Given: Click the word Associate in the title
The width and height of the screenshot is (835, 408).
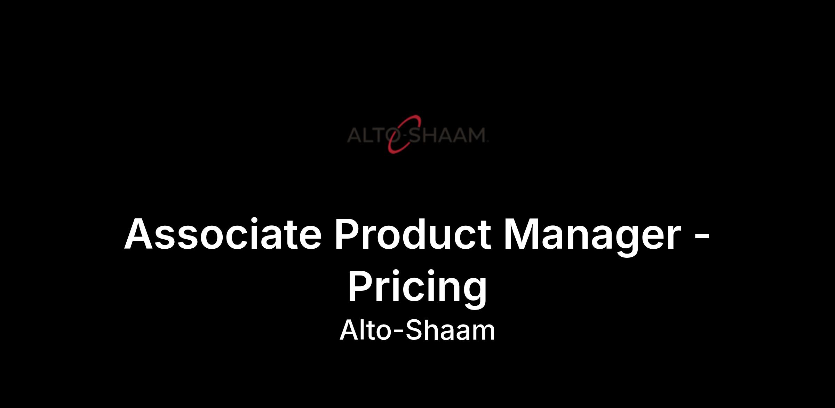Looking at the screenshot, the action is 223,234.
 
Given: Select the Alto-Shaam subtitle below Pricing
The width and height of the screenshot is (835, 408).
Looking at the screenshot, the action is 417,330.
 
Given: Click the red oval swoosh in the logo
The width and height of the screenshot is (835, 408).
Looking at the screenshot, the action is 404,134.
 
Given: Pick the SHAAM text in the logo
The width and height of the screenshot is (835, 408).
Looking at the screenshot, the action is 446,135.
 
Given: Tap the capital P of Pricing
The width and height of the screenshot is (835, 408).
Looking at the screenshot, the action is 361,286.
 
